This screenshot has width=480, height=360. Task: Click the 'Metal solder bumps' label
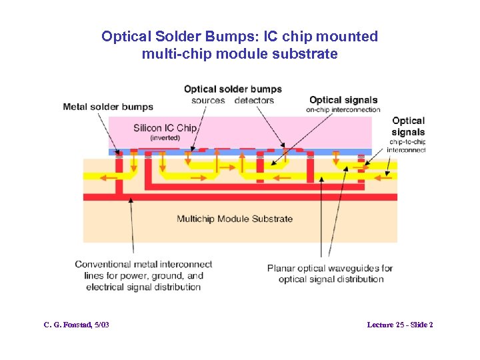click(107, 106)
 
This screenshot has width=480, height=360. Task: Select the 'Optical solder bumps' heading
click(233, 89)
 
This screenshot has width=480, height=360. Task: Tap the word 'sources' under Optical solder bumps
click(208, 101)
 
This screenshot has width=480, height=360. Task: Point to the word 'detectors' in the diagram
click(254, 101)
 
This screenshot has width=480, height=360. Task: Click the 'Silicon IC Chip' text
click(165, 127)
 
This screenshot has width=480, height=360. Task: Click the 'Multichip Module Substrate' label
click(235, 218)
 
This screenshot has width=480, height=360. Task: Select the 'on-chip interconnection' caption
click(343, 110)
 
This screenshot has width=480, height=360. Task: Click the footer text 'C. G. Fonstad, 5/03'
click(77, 325)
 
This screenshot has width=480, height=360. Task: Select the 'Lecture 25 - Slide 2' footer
click(400, 325)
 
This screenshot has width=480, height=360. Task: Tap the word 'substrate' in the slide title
click(306, 54)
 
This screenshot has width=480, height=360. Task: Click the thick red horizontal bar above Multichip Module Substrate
click(240, 197)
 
